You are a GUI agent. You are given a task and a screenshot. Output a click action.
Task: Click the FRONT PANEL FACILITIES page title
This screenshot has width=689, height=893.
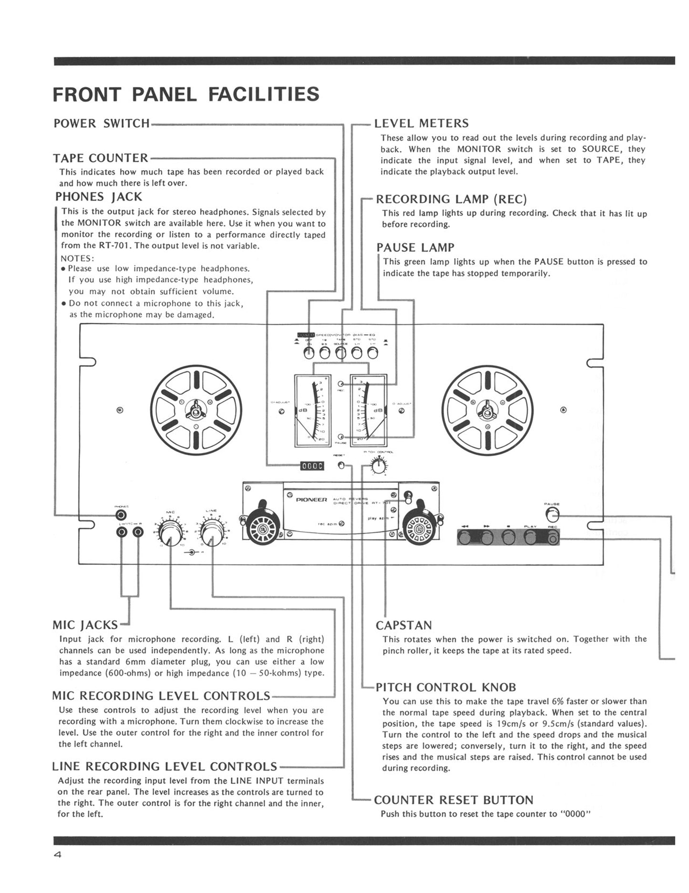(x=185, y=94)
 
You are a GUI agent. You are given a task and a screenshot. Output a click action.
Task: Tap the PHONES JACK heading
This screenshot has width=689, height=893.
(x=99, y=196)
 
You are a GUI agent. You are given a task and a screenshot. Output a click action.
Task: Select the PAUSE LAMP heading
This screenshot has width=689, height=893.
(x=415, y=247)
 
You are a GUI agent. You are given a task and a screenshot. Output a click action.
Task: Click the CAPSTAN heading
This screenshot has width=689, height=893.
(x=403, y=625)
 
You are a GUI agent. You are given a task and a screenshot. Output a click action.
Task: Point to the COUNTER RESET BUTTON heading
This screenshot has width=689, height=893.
(x=453, y=800)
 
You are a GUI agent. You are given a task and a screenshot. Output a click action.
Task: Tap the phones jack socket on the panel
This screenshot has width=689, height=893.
(x=122, y=515)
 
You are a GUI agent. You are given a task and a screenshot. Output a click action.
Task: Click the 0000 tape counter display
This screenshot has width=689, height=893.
(x=312, y=465)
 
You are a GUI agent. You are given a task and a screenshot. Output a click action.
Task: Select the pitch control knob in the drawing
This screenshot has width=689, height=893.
(x=379, y=466)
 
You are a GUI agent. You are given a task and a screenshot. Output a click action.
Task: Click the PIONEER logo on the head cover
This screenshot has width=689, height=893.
(x=311, y=500)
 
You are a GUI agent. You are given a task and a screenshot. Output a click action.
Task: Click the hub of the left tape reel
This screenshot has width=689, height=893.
(x=196, y=410)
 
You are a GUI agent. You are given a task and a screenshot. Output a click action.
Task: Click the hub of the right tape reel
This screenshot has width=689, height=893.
(x=487, y=410)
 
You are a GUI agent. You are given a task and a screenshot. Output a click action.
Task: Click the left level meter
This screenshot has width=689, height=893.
(x=312, y=410)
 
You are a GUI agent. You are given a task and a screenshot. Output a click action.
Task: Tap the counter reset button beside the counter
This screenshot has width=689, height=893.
(x=341, y=465)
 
